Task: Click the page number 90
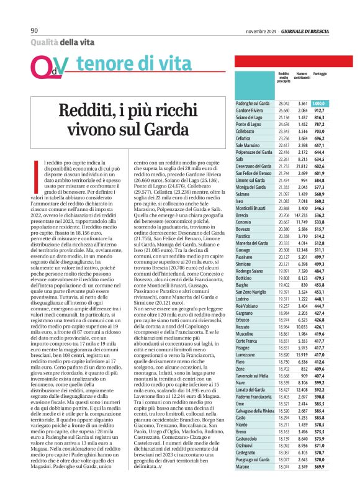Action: pyautogui.click(x=35, y=30)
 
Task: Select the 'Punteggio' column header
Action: pyautogui.click(x=320, y=74)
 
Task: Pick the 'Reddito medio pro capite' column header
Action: pyautogui.click(x=284, y=77)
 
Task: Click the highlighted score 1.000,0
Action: pyautogui.click(x=319, y=103)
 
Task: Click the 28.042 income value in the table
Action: pyautogui.click(x=284, y=103)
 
